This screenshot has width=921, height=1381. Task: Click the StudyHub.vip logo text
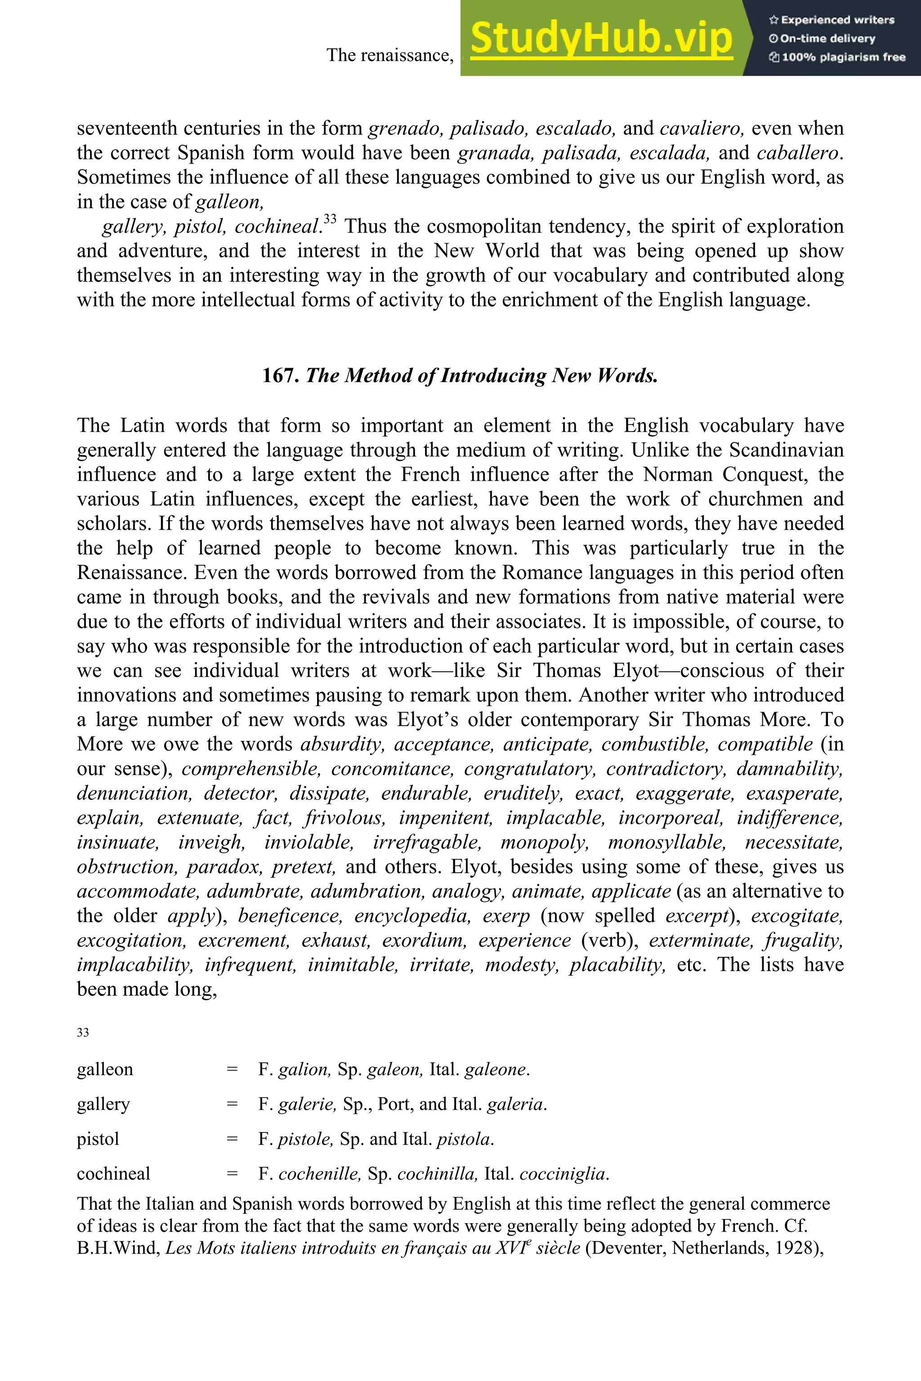point(601,38)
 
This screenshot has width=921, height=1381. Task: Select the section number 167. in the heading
point(281,376)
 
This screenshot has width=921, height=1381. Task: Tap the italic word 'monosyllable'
point(666,842)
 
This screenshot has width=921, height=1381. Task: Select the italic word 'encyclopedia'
point(412,916)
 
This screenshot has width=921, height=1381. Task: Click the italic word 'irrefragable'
point(427,842)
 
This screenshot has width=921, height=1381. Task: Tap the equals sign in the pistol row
point(232,1139)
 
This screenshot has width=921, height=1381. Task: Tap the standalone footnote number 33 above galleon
point(83,1033)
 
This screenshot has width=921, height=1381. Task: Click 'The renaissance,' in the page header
point(390,55)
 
